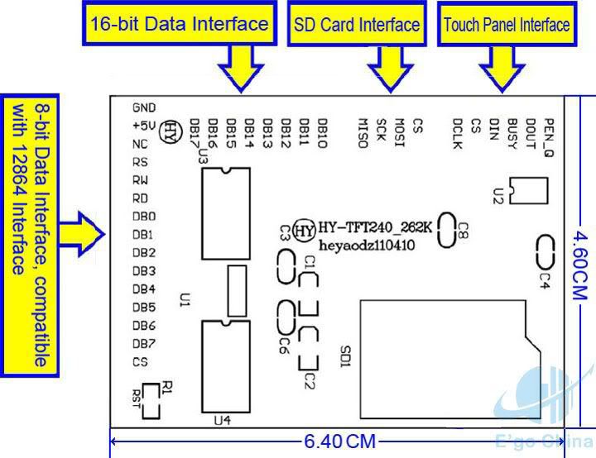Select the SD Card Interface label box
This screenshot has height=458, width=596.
pos(356,25)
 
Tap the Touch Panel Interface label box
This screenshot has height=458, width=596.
pos(507,25)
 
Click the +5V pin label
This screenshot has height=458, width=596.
pos(144,126)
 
